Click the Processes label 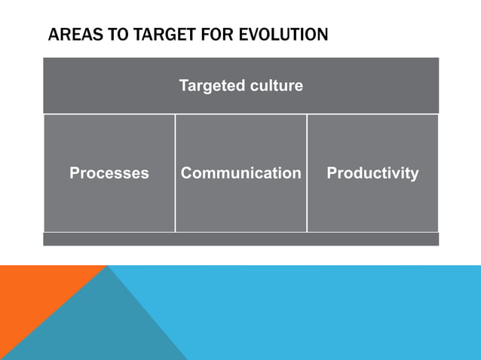109,173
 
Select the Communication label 240,173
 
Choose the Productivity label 372,173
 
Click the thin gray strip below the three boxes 240,239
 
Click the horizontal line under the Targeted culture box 240,114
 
